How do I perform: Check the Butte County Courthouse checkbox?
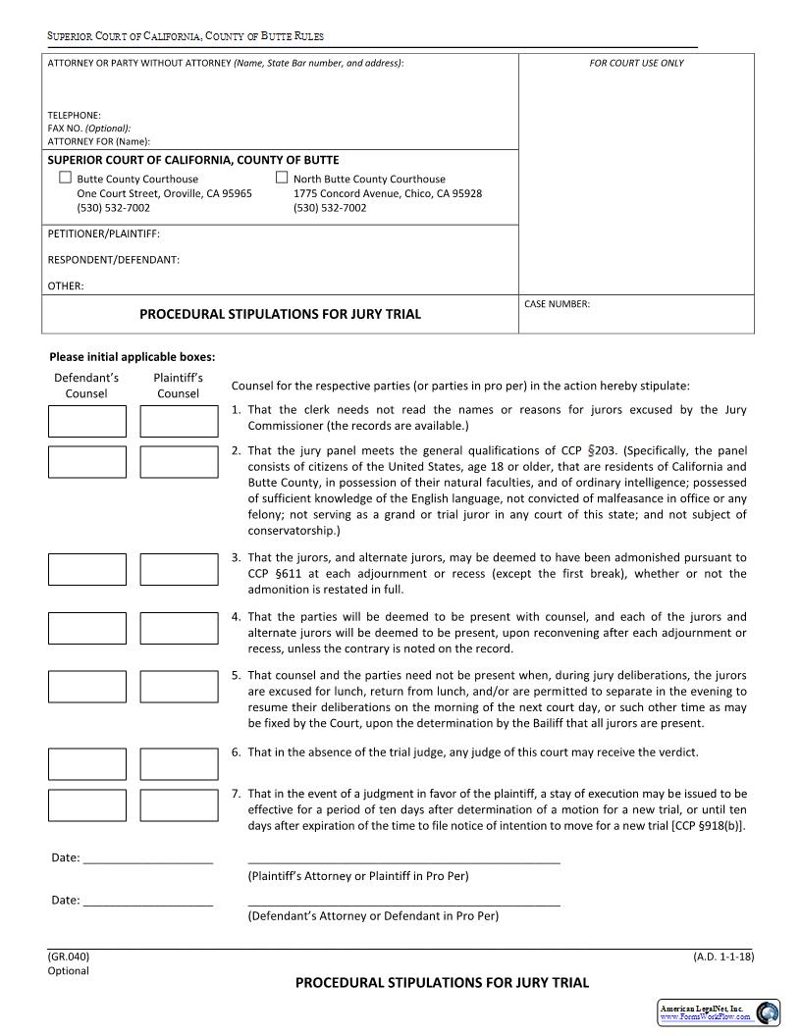[66, 178]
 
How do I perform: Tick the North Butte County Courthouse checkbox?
[282, 178]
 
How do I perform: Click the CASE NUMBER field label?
[557, 304]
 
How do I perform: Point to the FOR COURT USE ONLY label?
[636, 63]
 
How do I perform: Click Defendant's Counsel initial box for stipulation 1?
[87, 421]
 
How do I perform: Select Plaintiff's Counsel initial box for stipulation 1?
[179, 421]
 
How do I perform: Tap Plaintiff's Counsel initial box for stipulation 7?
[179, 804]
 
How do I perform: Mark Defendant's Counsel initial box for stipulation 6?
[87, 763]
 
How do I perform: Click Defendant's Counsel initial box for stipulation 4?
[87, 628]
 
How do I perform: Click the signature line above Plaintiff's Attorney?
[403, 861]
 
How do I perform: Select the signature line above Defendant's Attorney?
[403, 903]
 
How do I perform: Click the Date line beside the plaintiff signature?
[147, 860]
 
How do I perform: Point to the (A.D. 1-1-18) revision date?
[722, 956]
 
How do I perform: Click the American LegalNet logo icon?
[767, 1012]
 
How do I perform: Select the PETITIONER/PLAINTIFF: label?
[103, 233]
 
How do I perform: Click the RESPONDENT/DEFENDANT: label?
[113, 260]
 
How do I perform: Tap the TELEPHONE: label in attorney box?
[75, 115]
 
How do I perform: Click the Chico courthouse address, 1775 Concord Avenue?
[387, 193]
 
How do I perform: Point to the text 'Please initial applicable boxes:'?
[132, 357]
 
